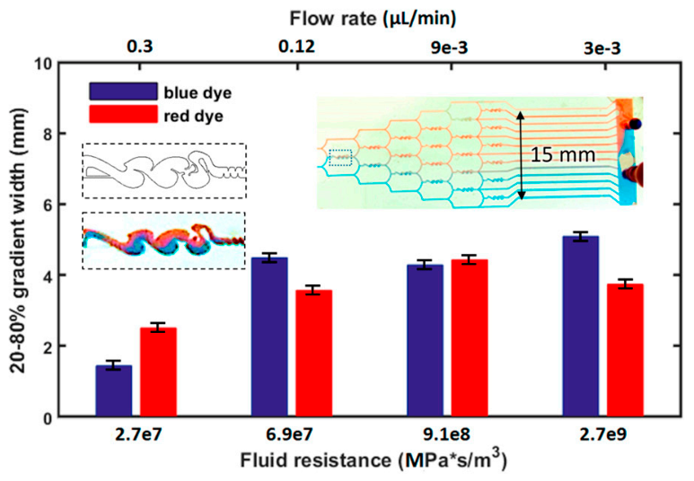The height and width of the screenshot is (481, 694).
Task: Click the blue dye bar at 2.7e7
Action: pos(114,390)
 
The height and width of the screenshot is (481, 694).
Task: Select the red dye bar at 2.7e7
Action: pos(158,372)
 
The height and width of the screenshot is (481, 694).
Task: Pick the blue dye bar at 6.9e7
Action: pos(269,337)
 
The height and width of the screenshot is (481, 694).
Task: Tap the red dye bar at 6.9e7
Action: pos(314,353)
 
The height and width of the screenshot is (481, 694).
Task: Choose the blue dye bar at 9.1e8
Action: pos(426,340)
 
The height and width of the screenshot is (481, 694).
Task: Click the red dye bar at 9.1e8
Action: pos(470,338)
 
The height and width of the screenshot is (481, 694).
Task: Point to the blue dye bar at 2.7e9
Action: pos(581,326)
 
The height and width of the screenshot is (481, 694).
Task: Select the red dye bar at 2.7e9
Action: pos(625,350)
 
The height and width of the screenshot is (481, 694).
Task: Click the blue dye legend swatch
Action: pos(123,92)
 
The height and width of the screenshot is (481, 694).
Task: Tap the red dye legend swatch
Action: pos(123,114)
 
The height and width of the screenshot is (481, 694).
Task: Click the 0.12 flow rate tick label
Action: pos(296,47)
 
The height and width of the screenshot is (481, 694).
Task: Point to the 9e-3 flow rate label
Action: pos(449,48)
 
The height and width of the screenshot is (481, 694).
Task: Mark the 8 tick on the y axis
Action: pos(47,134)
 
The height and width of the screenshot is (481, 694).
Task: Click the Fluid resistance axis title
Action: pos(373,460)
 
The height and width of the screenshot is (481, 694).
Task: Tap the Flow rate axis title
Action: pos(373,19)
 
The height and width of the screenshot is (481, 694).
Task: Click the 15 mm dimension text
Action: pos(563,155)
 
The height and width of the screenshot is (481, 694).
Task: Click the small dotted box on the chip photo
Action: pos(340,158)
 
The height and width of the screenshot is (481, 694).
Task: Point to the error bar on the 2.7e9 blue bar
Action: pos(581,236)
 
